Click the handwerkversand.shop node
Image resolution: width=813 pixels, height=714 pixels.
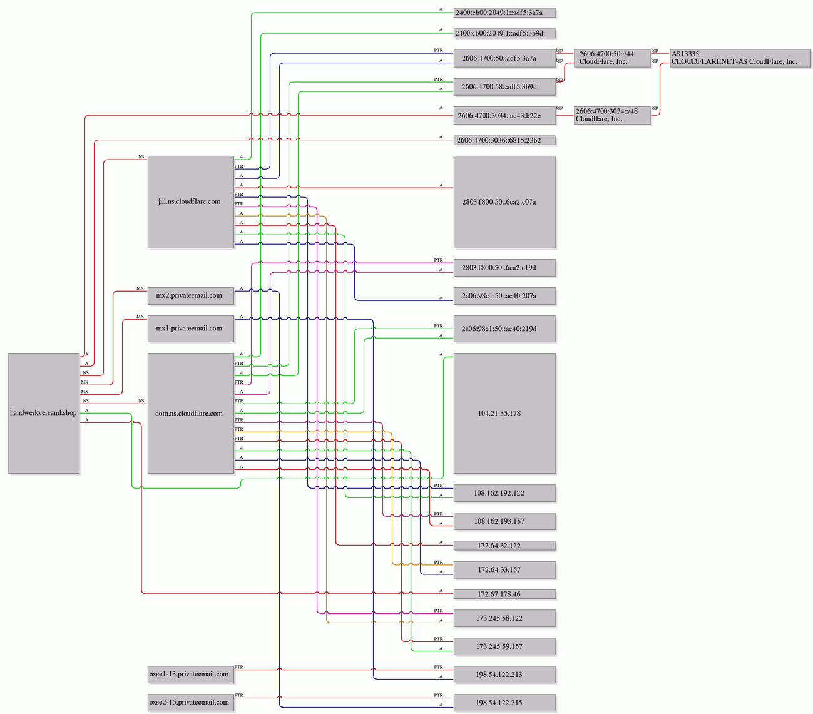(x=44, y=413)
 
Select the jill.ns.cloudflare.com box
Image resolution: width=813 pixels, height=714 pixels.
(x=191, y=202)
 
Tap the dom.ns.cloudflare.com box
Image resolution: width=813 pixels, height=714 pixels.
(x=191, y=413)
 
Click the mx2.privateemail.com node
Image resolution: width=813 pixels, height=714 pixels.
(x=191, y=296)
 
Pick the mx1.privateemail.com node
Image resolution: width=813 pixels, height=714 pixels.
(x=191, y=329)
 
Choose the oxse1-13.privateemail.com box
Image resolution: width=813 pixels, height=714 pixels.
(x=191, y=675)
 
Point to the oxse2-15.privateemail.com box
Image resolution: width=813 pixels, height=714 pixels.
(x=191, y=703)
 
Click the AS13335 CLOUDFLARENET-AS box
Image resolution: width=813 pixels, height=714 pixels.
(x=740, y=58)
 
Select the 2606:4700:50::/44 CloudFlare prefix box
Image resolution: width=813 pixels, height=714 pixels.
(x=612, y=58)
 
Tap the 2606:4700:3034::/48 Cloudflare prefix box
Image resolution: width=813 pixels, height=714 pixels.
(x=612, y=116)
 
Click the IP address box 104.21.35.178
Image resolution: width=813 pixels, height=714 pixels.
(x=504, y=413)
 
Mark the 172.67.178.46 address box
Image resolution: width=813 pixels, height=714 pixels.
(x=504, y=594)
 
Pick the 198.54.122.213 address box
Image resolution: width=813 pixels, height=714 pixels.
(x=504, y=675)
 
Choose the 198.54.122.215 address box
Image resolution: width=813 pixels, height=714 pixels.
(x=504, y=703)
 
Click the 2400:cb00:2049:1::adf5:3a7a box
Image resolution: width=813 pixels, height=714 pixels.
(x=504, y=13)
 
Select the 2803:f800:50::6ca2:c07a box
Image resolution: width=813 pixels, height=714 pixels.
(x=504, y=202)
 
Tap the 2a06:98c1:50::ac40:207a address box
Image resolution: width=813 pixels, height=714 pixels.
(x=504, y=296)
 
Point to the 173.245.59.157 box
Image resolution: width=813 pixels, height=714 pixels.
(x=504, y=646)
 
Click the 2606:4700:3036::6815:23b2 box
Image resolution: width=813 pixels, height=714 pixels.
(x=504, y=140)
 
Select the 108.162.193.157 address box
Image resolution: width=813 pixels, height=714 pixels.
(x=504, y=521)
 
